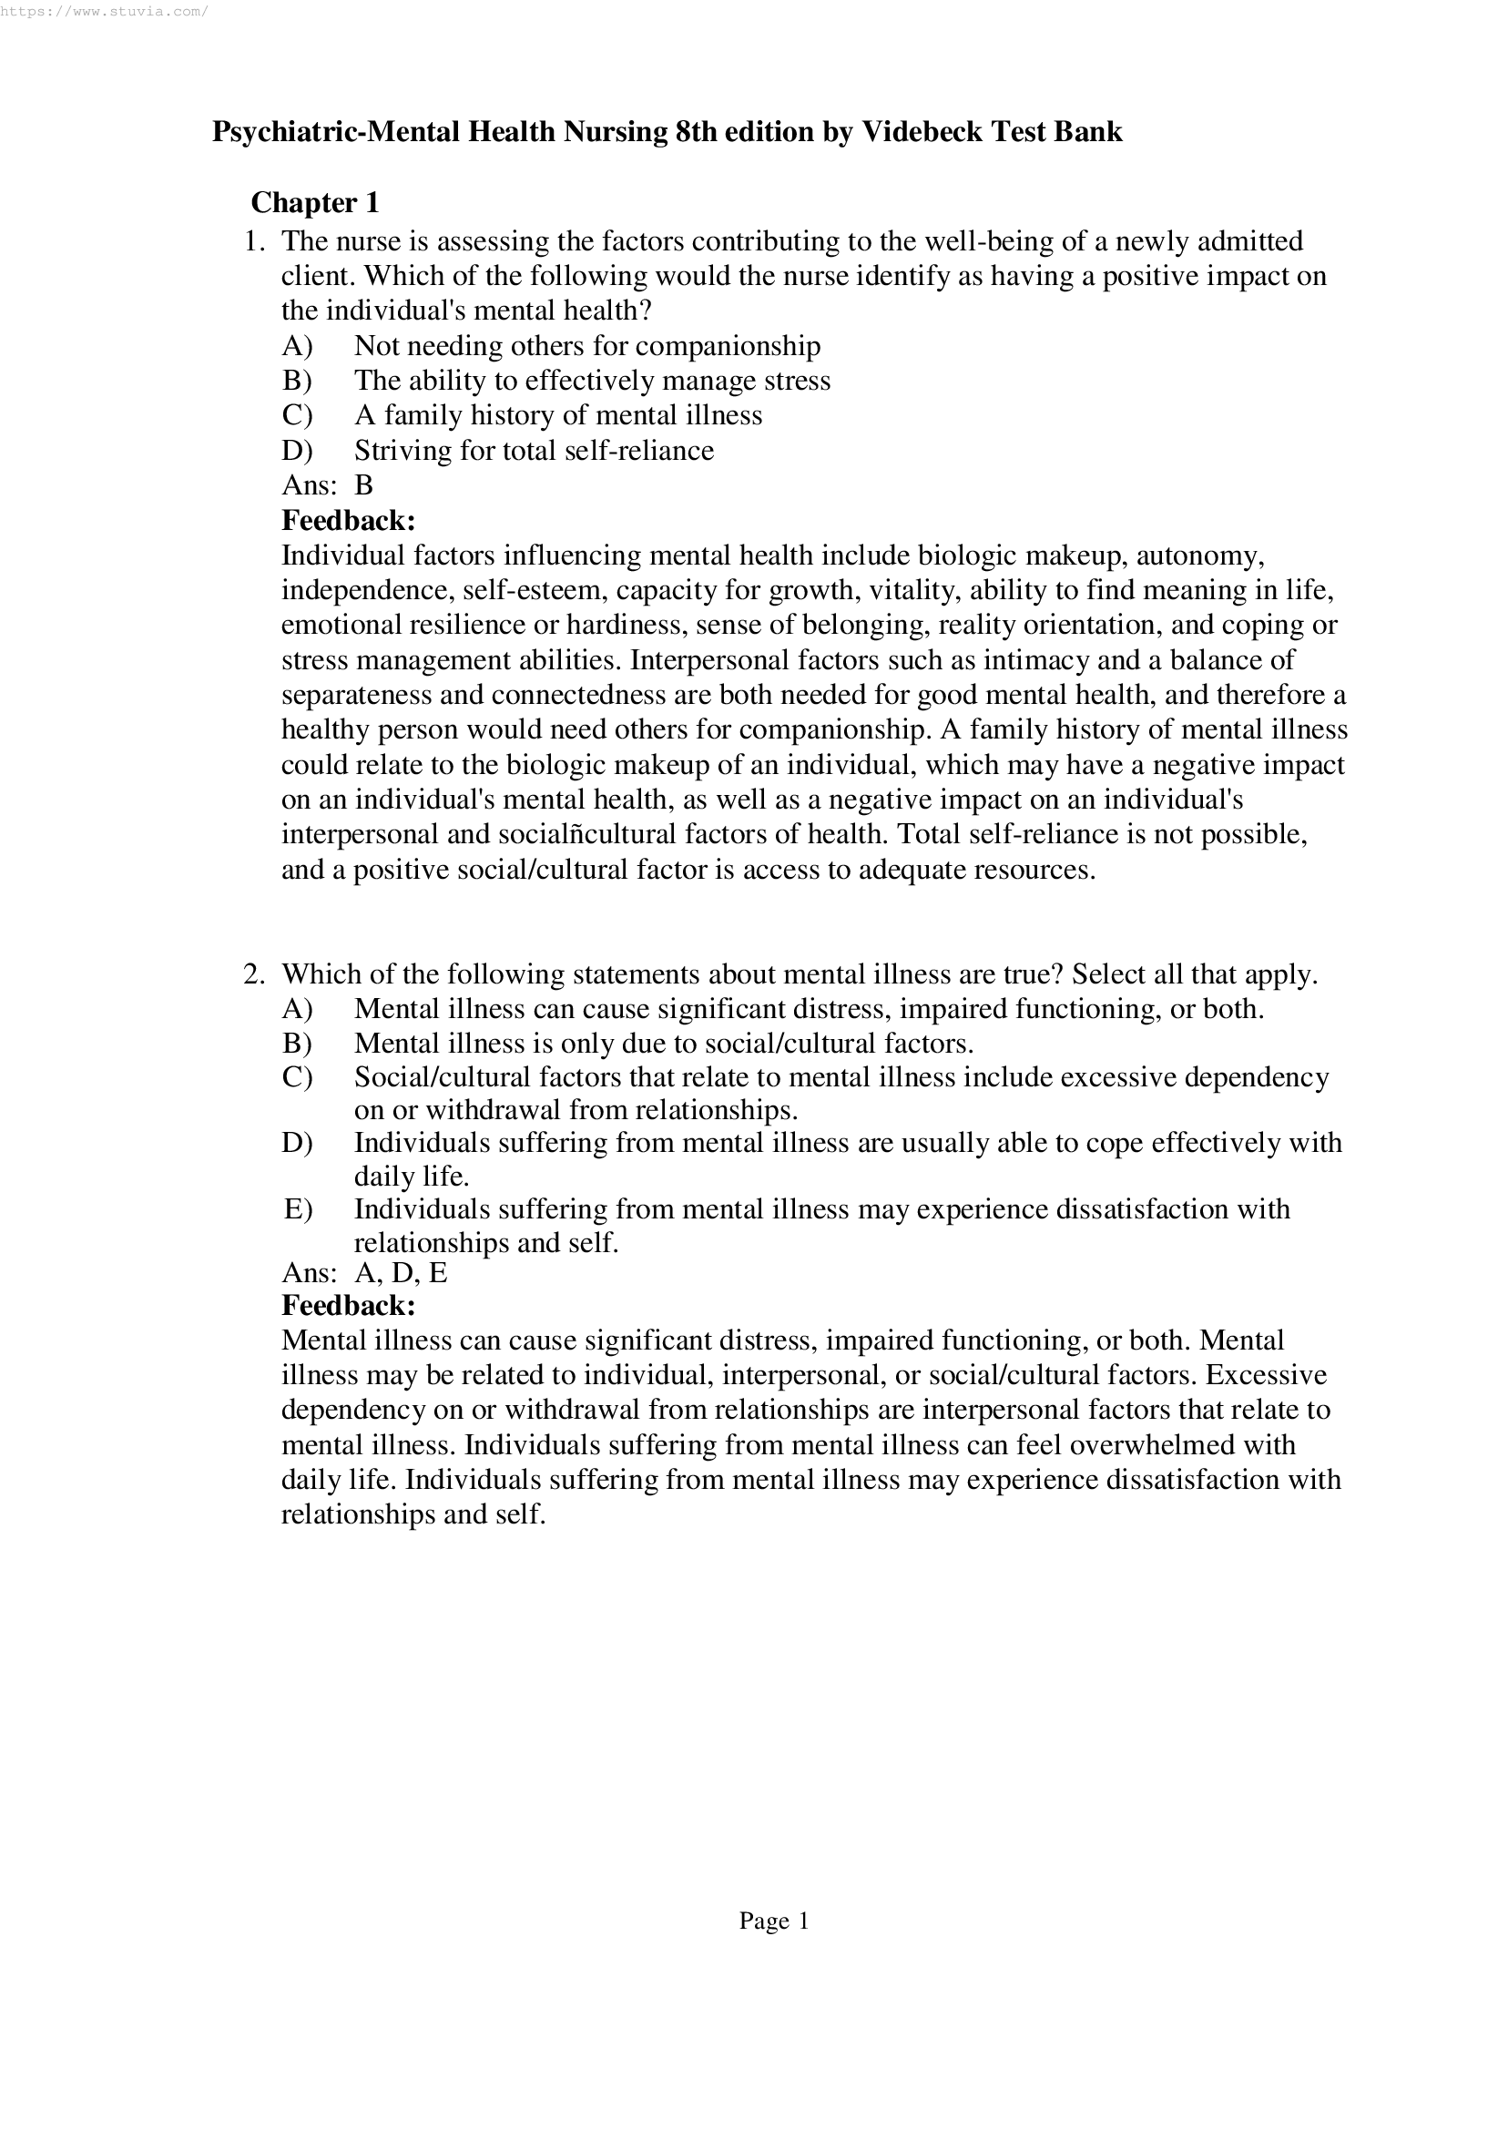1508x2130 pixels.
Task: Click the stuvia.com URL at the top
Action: (x=104, y=12)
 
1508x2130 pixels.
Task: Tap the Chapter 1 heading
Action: (x=315, y=202)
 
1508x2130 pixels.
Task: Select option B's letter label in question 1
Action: (x=296, y=381)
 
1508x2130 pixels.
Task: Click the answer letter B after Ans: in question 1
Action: (x=363, y=485)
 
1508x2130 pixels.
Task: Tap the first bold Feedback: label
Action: (x=348, y=520)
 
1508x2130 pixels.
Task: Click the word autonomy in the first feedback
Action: (x=1198, y=556)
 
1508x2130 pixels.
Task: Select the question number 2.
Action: (x=254, y=975)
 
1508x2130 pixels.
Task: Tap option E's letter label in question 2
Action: (x=297, y=1210)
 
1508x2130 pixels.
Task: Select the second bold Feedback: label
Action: (x=348, y=1307)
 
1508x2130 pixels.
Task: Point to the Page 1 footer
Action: (x=773, y=1921)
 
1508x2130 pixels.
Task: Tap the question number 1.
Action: (x=254, y=241)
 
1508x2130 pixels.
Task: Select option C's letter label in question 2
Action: (x=296, y=1078)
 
